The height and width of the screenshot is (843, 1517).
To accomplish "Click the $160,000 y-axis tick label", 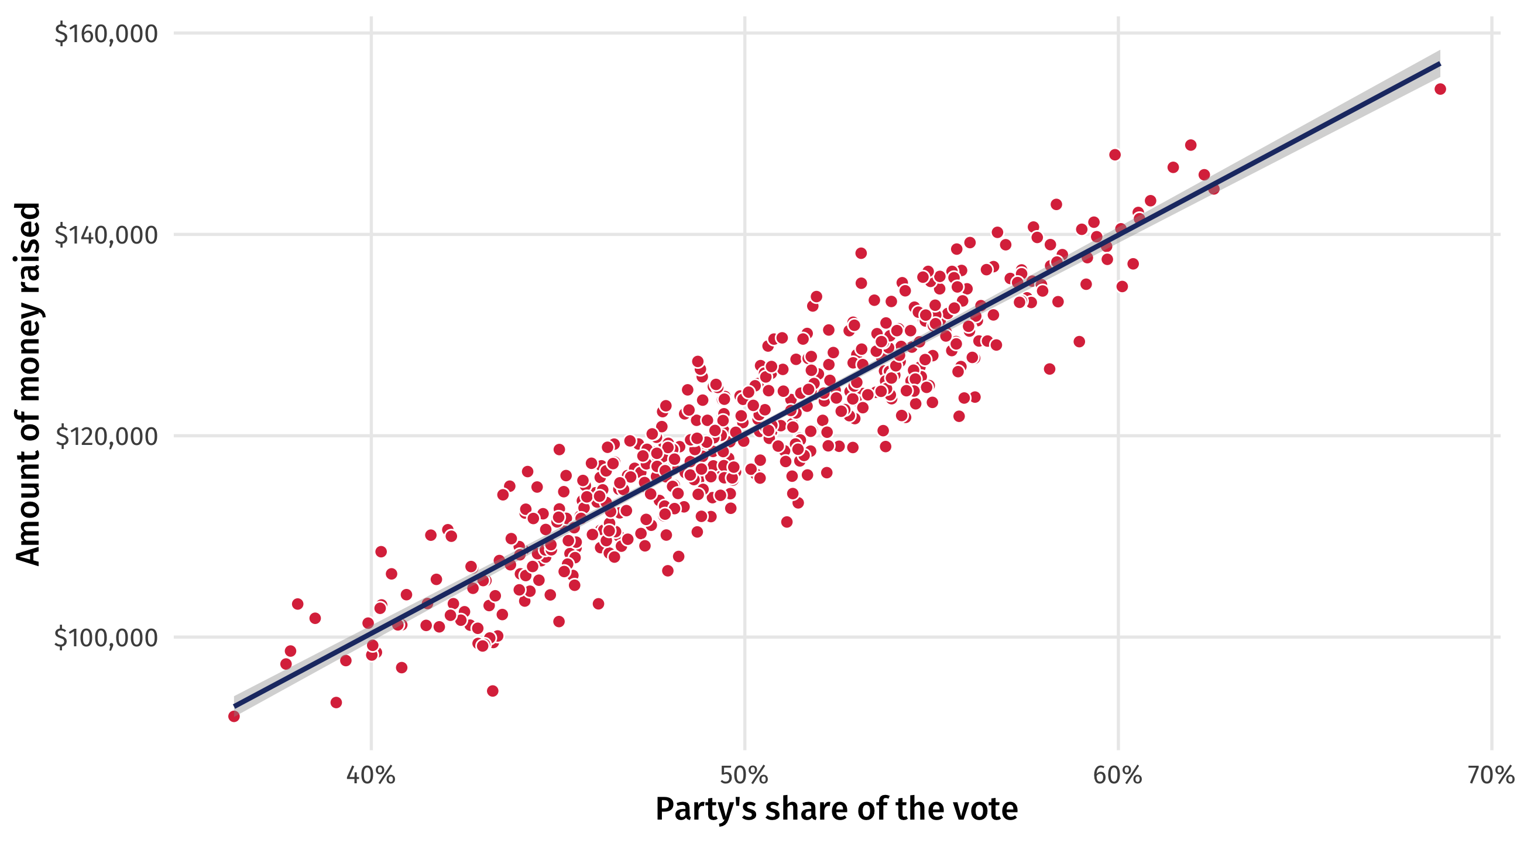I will tap(106, 33).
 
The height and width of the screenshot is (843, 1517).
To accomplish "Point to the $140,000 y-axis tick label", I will tap(106, 235).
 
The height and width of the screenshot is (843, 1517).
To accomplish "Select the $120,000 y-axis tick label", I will tap(107, 437).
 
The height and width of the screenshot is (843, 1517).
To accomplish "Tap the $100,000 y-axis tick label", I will tap(106, 638).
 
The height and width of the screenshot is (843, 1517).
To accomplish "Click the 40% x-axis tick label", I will tap(371, 775).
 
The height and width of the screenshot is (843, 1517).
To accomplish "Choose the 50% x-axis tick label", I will tap(744, 775).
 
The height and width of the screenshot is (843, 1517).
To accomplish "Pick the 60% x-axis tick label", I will tap(1117, 775).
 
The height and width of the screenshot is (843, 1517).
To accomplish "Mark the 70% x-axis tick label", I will tap(1490, 775).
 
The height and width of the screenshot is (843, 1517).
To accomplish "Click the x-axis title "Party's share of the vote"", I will tap(836, 809).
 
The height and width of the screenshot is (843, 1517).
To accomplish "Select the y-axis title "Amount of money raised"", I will tap(28, 384).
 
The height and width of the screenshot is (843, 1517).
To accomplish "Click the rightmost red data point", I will tap(1440, 89).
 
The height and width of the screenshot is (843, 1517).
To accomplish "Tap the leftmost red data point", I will tap(234, 717).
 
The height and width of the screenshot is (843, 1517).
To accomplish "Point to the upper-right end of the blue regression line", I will tap(1439, 64).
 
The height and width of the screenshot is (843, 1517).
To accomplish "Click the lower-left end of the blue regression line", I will tap(234, 706).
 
